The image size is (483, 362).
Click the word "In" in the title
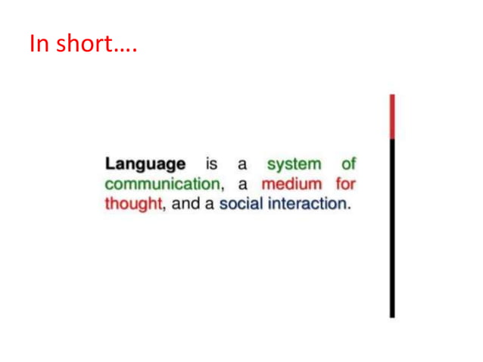point(39,44)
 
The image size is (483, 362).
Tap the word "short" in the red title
point(79,44)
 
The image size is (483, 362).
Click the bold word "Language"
point(145,164)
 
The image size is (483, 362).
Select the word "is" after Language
point(212,164)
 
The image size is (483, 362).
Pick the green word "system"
point(294,164)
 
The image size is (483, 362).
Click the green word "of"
point(347,164)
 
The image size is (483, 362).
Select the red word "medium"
point(292,184)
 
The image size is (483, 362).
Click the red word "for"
point(345,184)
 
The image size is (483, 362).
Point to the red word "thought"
point(133,204)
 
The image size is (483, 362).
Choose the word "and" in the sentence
point(185,204)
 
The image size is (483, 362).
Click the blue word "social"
point(240,204)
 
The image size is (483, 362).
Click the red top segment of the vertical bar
point(392,117)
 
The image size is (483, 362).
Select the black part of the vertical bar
point(392,227)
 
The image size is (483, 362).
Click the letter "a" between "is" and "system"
point(242,164)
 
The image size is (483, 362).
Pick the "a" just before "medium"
point(243,185)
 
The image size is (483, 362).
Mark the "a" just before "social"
point(209,205)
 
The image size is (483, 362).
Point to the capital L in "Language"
point(110,164)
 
